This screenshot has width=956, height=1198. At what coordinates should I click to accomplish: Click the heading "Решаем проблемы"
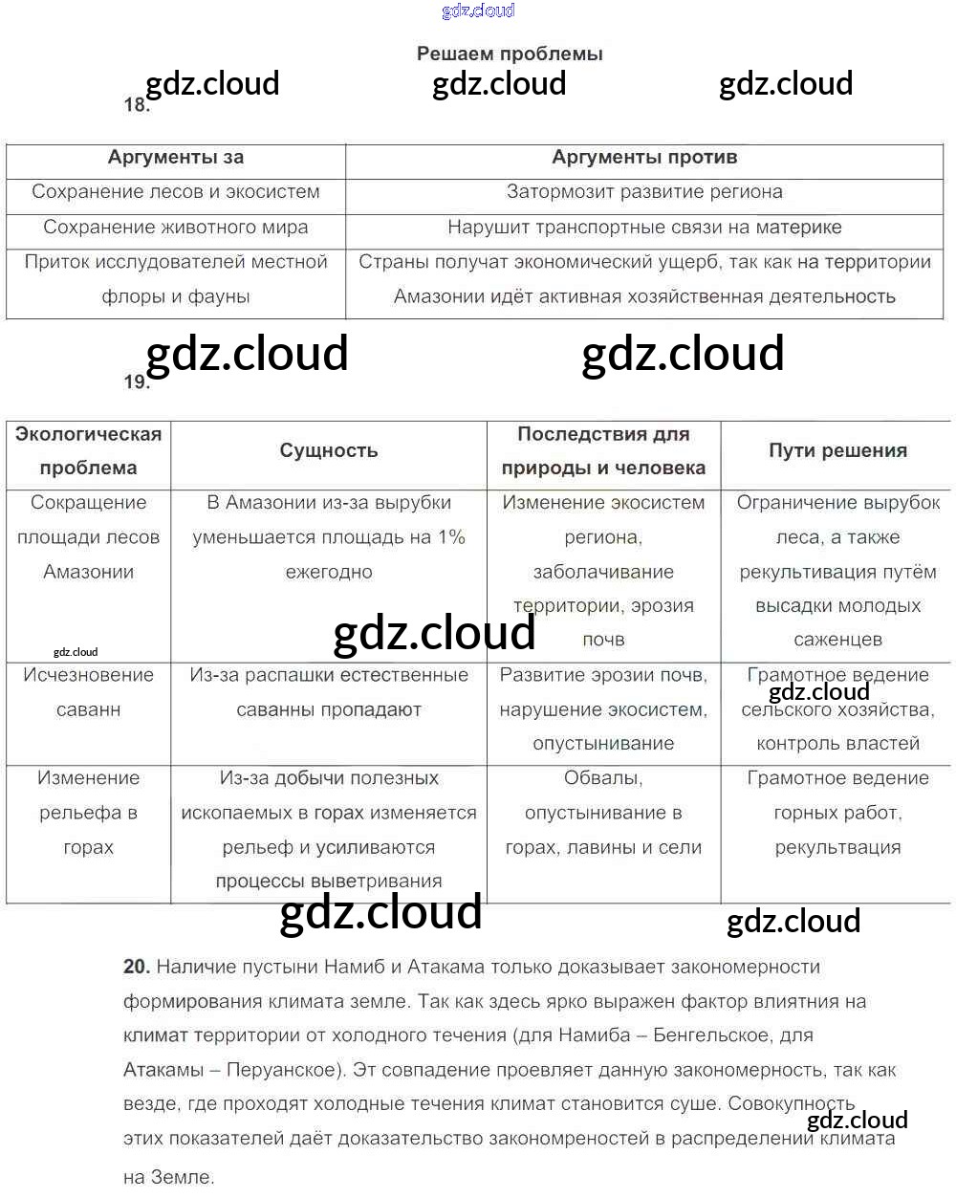point(510,54)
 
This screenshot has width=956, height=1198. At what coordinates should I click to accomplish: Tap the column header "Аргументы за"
point(176,158)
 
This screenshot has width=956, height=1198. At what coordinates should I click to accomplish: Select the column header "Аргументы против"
point(644,158)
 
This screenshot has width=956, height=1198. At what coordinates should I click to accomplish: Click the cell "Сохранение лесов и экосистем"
point(176,192)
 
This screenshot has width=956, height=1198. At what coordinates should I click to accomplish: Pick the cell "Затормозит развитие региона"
point(644,192)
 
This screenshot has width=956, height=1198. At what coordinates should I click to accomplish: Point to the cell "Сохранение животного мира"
point(176,228)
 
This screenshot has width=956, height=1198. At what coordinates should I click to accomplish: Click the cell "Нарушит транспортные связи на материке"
point(644,228)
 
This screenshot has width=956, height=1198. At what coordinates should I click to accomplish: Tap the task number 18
point(137,105)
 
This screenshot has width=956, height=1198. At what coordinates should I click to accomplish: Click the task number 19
point(137,382)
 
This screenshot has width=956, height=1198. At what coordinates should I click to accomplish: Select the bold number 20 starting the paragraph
point(137,967)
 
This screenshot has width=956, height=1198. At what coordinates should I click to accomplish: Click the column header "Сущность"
point(329,450)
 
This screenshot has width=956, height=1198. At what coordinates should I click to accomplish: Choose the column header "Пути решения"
point(837,450)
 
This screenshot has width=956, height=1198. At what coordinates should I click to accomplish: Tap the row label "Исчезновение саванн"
point(88,692)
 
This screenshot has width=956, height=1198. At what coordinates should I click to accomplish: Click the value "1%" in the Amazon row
point(451,537)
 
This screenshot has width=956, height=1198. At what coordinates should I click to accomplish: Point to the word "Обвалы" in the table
point(602,778)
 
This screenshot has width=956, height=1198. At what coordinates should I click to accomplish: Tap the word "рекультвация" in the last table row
point(837,847)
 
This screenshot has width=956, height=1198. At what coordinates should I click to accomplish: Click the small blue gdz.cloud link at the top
point(478,11)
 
